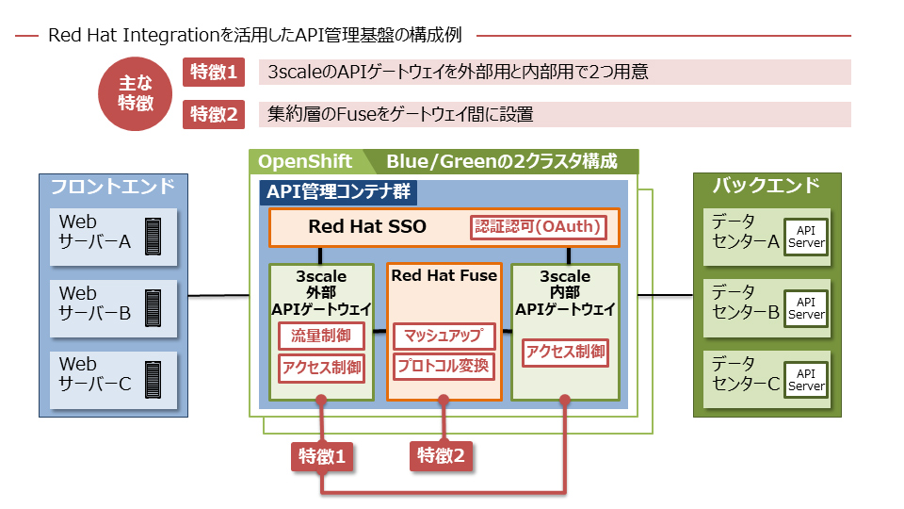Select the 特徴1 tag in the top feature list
point(214,73)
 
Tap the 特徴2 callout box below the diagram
point(441,456)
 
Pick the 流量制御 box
point(321,337)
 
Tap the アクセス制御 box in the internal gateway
point(565,353)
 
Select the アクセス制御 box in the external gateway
point(321,367)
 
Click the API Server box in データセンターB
point(806,308)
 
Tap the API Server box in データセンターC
point(806,380)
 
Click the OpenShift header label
point(305,161)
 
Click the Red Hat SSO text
point(367,227)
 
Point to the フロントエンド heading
point(112,187)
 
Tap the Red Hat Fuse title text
point(444,276)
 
